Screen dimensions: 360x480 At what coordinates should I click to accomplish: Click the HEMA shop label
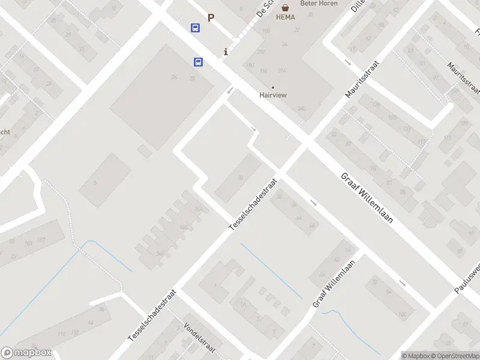286,17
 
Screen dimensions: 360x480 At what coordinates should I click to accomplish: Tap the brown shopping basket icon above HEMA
286,8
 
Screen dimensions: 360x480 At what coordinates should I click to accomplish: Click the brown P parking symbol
211,18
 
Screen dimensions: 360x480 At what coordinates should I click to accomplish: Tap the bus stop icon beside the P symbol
196,28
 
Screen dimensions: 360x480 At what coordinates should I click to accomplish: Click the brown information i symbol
226,52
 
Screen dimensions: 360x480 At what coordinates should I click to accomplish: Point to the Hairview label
273,95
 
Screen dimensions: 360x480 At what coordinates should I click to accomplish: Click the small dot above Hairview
273,87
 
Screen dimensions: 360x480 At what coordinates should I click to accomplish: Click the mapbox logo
27,353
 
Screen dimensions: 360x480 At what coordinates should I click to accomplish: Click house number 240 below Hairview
301,109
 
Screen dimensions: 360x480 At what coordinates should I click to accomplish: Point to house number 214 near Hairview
282,71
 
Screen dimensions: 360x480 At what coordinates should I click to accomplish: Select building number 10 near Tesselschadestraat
241,177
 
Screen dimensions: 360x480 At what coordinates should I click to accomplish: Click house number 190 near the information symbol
250,65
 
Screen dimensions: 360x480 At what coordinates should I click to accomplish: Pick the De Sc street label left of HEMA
263,8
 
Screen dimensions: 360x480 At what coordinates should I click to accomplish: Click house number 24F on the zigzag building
160,253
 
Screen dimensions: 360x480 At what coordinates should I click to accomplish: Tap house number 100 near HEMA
266,31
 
